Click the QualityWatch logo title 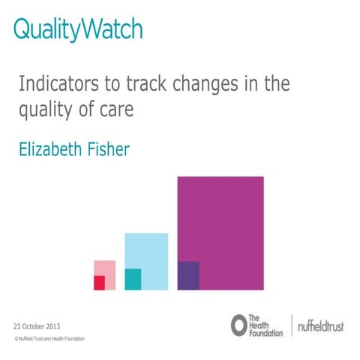coord(78,29)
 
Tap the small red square coord(99,283)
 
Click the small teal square coord(133,279)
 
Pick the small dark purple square coord(188,275)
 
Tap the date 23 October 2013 coord(37,327)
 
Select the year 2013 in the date coord(52,327)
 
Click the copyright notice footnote coord(49,339)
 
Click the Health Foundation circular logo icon coord(238,324)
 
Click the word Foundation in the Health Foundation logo coord(266,332)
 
